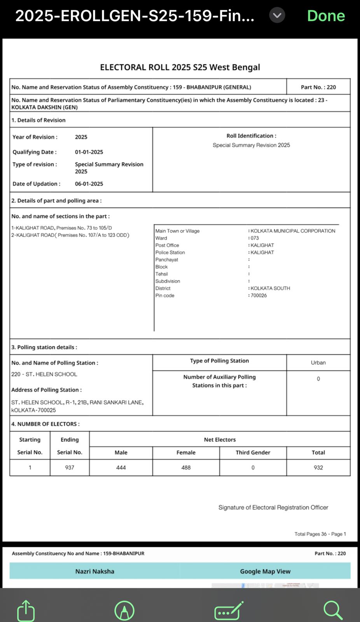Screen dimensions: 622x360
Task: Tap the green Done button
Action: click(326, 16)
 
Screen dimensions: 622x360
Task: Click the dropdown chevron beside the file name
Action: click(277, 16)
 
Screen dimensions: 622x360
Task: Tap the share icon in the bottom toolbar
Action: click(26, 610)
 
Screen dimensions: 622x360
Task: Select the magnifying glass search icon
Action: click(333, 610)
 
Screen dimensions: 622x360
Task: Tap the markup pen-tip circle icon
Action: click(124, 610)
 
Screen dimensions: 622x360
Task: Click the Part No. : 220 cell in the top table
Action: click(318, 87)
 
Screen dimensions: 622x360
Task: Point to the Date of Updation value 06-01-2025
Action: click(89, 184)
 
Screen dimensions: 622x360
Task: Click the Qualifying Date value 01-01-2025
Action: click(89, 152)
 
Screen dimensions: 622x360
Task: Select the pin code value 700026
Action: click(259, 295)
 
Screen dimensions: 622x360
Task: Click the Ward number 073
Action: click(255, 238)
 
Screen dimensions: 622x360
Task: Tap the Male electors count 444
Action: click(121, 468)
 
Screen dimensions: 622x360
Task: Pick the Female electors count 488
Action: click(186, 468)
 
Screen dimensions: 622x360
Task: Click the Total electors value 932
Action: click(318, 468)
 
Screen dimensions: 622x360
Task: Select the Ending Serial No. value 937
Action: click(70, 468)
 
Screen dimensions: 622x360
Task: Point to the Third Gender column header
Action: click(253, 453)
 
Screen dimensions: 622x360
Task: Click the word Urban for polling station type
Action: click(318, 363)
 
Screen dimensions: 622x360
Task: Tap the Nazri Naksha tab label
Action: click(95, 571)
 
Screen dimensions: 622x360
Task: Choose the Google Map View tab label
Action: click(265, 571)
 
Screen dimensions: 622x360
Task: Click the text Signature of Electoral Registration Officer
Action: click(273, 507)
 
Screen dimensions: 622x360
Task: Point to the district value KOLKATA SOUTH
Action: click(270, 288)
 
